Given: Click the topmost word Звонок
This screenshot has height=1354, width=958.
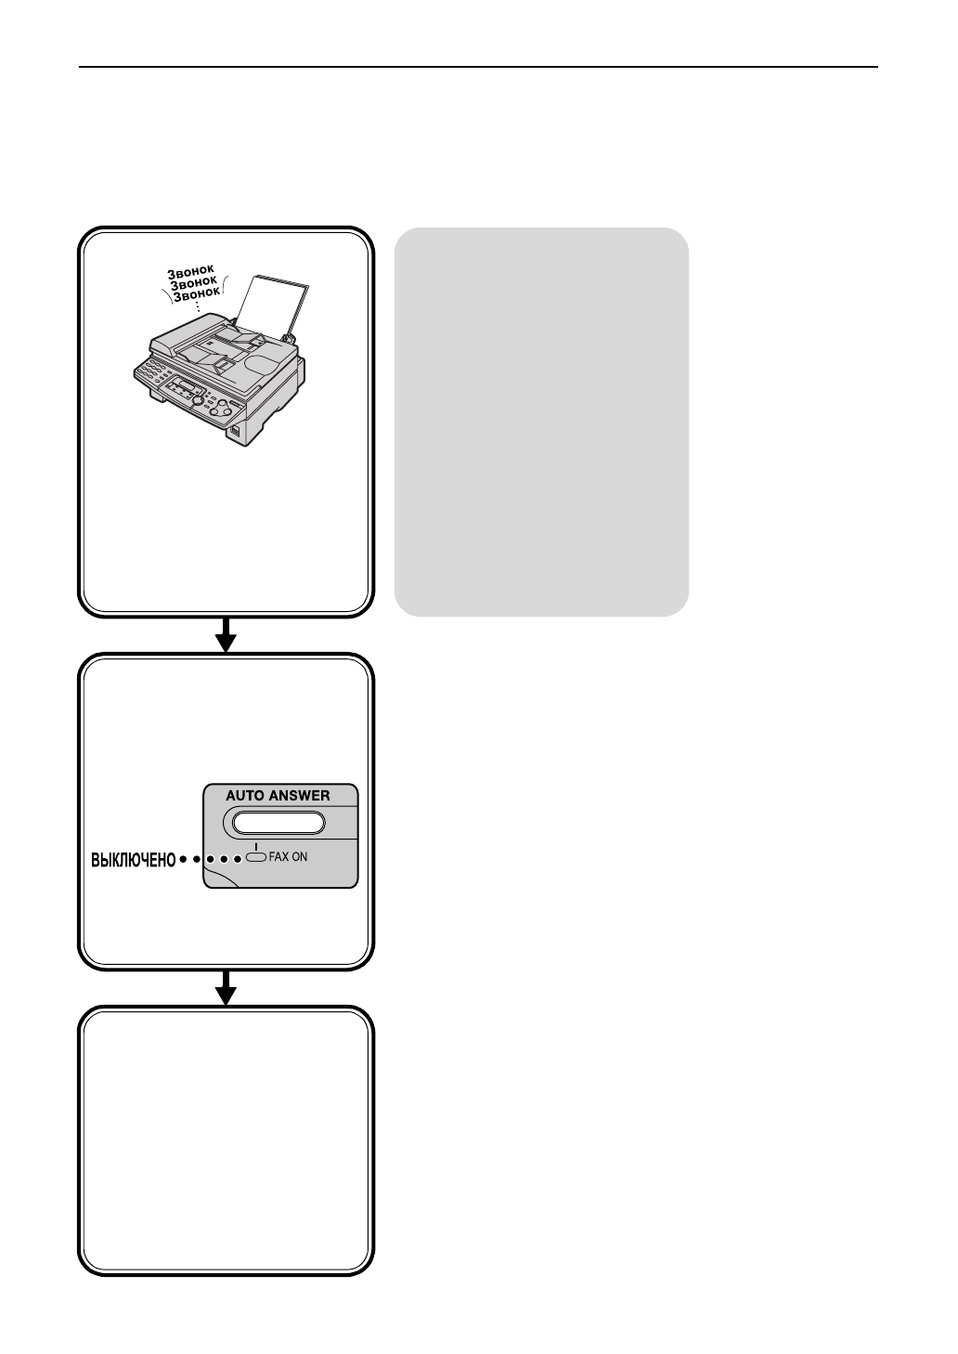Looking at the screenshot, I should [x=190, y=271].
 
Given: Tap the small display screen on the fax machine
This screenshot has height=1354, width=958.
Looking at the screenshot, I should [x=189, y=386].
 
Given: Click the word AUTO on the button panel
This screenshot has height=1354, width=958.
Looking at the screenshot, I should [x=245, y=796].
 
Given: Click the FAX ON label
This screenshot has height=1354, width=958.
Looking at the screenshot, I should [x=288, y=857].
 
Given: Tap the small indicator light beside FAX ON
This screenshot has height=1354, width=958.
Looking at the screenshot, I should [x=256, y=857].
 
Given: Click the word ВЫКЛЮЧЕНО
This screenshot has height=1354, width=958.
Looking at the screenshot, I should [x=132, y=860].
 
